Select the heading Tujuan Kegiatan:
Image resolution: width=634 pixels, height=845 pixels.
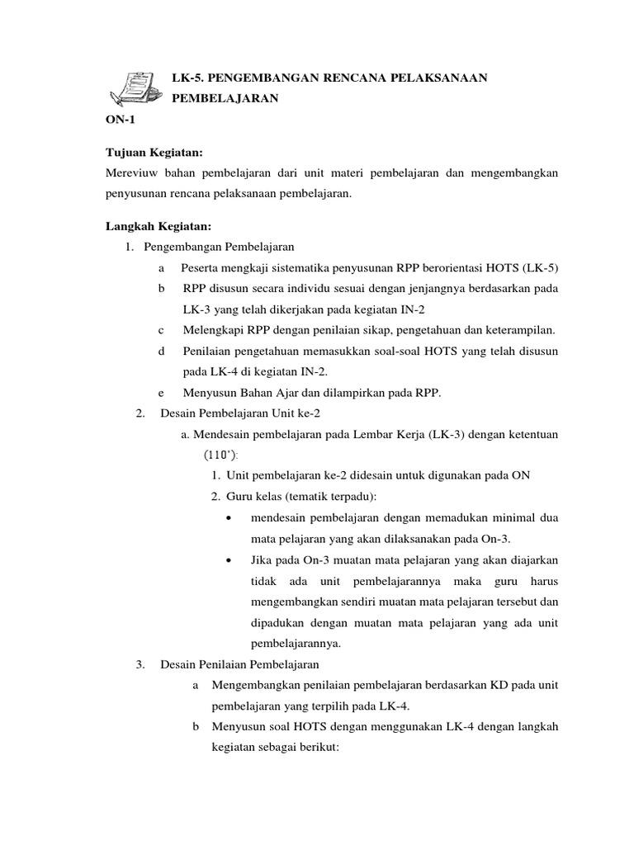click(154, 153)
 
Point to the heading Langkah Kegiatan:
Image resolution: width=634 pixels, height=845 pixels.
click(158, 225)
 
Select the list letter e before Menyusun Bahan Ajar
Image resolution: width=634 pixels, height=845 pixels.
click(159, 394)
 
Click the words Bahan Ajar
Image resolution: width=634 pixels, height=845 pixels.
click(263, 394)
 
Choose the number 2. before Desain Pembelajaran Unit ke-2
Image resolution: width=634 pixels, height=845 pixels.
click(140, 413)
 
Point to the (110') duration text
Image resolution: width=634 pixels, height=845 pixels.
click(223, 455)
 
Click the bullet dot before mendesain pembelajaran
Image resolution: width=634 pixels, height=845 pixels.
click(228, 518)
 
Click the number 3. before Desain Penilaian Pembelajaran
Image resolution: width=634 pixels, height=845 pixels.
click(140, 664)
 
